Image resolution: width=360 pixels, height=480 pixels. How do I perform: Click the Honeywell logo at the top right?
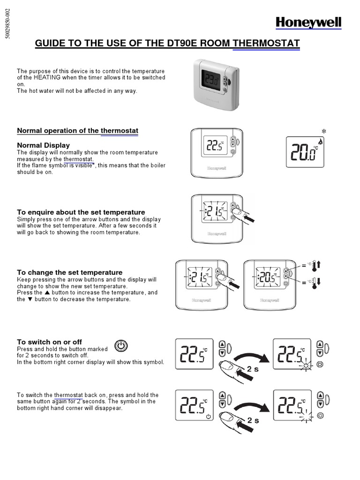click(308, 22)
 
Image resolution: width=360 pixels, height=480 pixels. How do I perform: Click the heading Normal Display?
click(43, 145)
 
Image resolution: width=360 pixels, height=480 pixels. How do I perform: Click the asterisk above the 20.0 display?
click(323, 131)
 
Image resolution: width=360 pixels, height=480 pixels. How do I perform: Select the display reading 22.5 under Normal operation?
click(215, 147)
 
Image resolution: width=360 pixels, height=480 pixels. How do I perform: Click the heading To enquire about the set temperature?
click(81, 212)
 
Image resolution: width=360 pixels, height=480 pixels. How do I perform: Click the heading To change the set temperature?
click(69, 272)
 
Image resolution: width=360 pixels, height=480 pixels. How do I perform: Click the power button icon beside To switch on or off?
click(120, 346)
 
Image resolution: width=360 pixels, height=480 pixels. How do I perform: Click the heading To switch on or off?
click(49, 342)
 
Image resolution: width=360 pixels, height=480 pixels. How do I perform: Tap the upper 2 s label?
click(253, 369)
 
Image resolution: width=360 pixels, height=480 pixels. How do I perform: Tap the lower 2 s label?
click(253, 420)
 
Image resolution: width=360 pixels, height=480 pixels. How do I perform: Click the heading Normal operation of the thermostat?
click(77, 130)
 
